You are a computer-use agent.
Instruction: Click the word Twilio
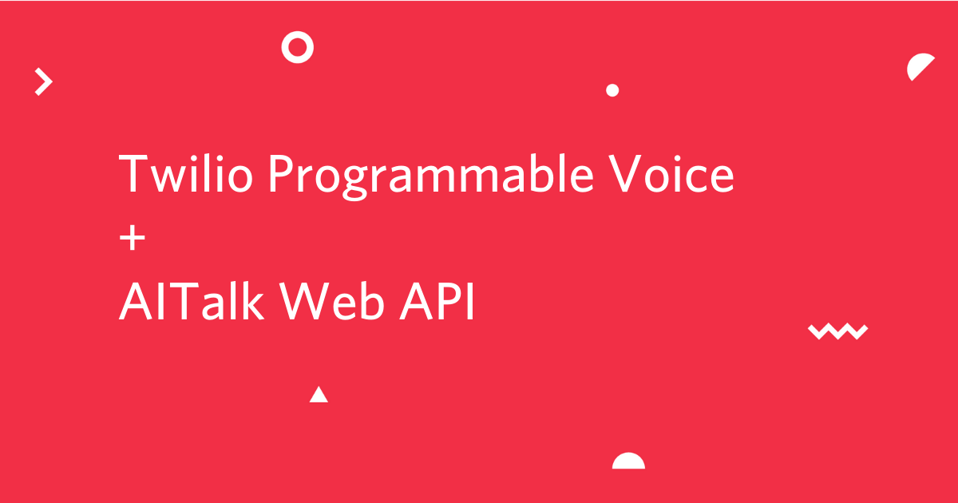point(185,173)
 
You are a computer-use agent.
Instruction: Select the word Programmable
point(430,176)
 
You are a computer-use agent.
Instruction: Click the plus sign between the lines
point(133,237)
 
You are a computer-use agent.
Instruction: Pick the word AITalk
point(191,300)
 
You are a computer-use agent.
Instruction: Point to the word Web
point(331,300)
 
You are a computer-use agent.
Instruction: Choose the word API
point(437,301)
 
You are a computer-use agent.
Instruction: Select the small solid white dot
point(612,90)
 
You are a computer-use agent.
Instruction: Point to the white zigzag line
point(837,331)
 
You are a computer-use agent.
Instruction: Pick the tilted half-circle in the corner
point(918,65)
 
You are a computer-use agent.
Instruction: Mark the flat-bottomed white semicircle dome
point(629,462)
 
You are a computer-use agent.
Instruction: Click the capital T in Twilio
point(133,174)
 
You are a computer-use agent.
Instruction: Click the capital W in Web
point(304,301)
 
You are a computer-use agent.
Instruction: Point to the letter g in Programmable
point(355,182)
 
